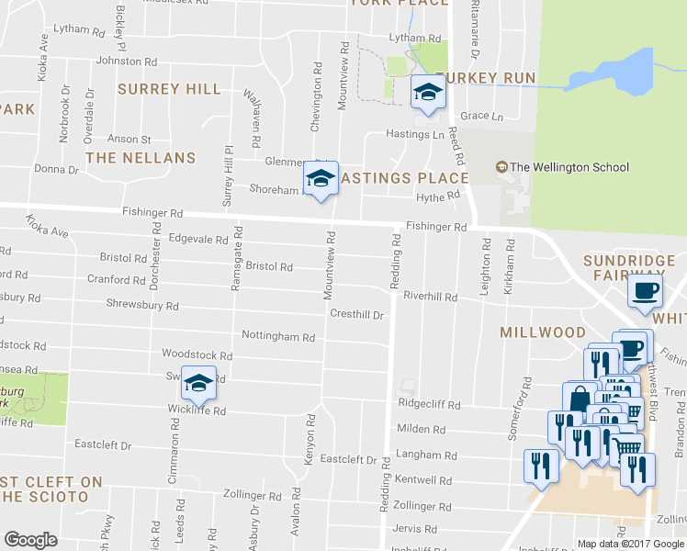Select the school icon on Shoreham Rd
[321, 179]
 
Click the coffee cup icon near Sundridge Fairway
[644, 291]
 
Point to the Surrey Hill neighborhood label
[169, 89]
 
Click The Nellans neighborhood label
[141, 158]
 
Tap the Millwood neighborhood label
[542, 332]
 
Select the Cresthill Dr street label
[356, 314]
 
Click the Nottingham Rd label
[277, 337]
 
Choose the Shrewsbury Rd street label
[142, 305]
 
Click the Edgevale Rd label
[199, 239]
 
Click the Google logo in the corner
[30, 540]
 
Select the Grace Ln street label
[482, 117]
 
